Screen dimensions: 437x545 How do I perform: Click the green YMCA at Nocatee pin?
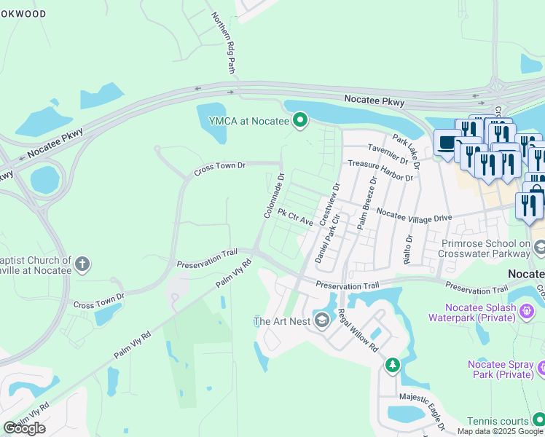pos(299,121)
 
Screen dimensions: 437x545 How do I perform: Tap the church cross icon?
pos(82,264)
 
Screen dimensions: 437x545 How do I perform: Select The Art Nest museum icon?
pos(322,320)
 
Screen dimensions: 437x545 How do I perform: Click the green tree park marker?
pos(393,363)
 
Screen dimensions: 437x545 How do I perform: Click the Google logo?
pos(24,428)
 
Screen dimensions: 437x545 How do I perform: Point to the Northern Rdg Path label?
pos(222,42)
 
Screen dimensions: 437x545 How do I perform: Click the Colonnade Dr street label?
pos(274,194)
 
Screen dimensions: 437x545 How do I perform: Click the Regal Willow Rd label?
pos(358,331)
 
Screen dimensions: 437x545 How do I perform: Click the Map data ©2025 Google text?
pos(500,431)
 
